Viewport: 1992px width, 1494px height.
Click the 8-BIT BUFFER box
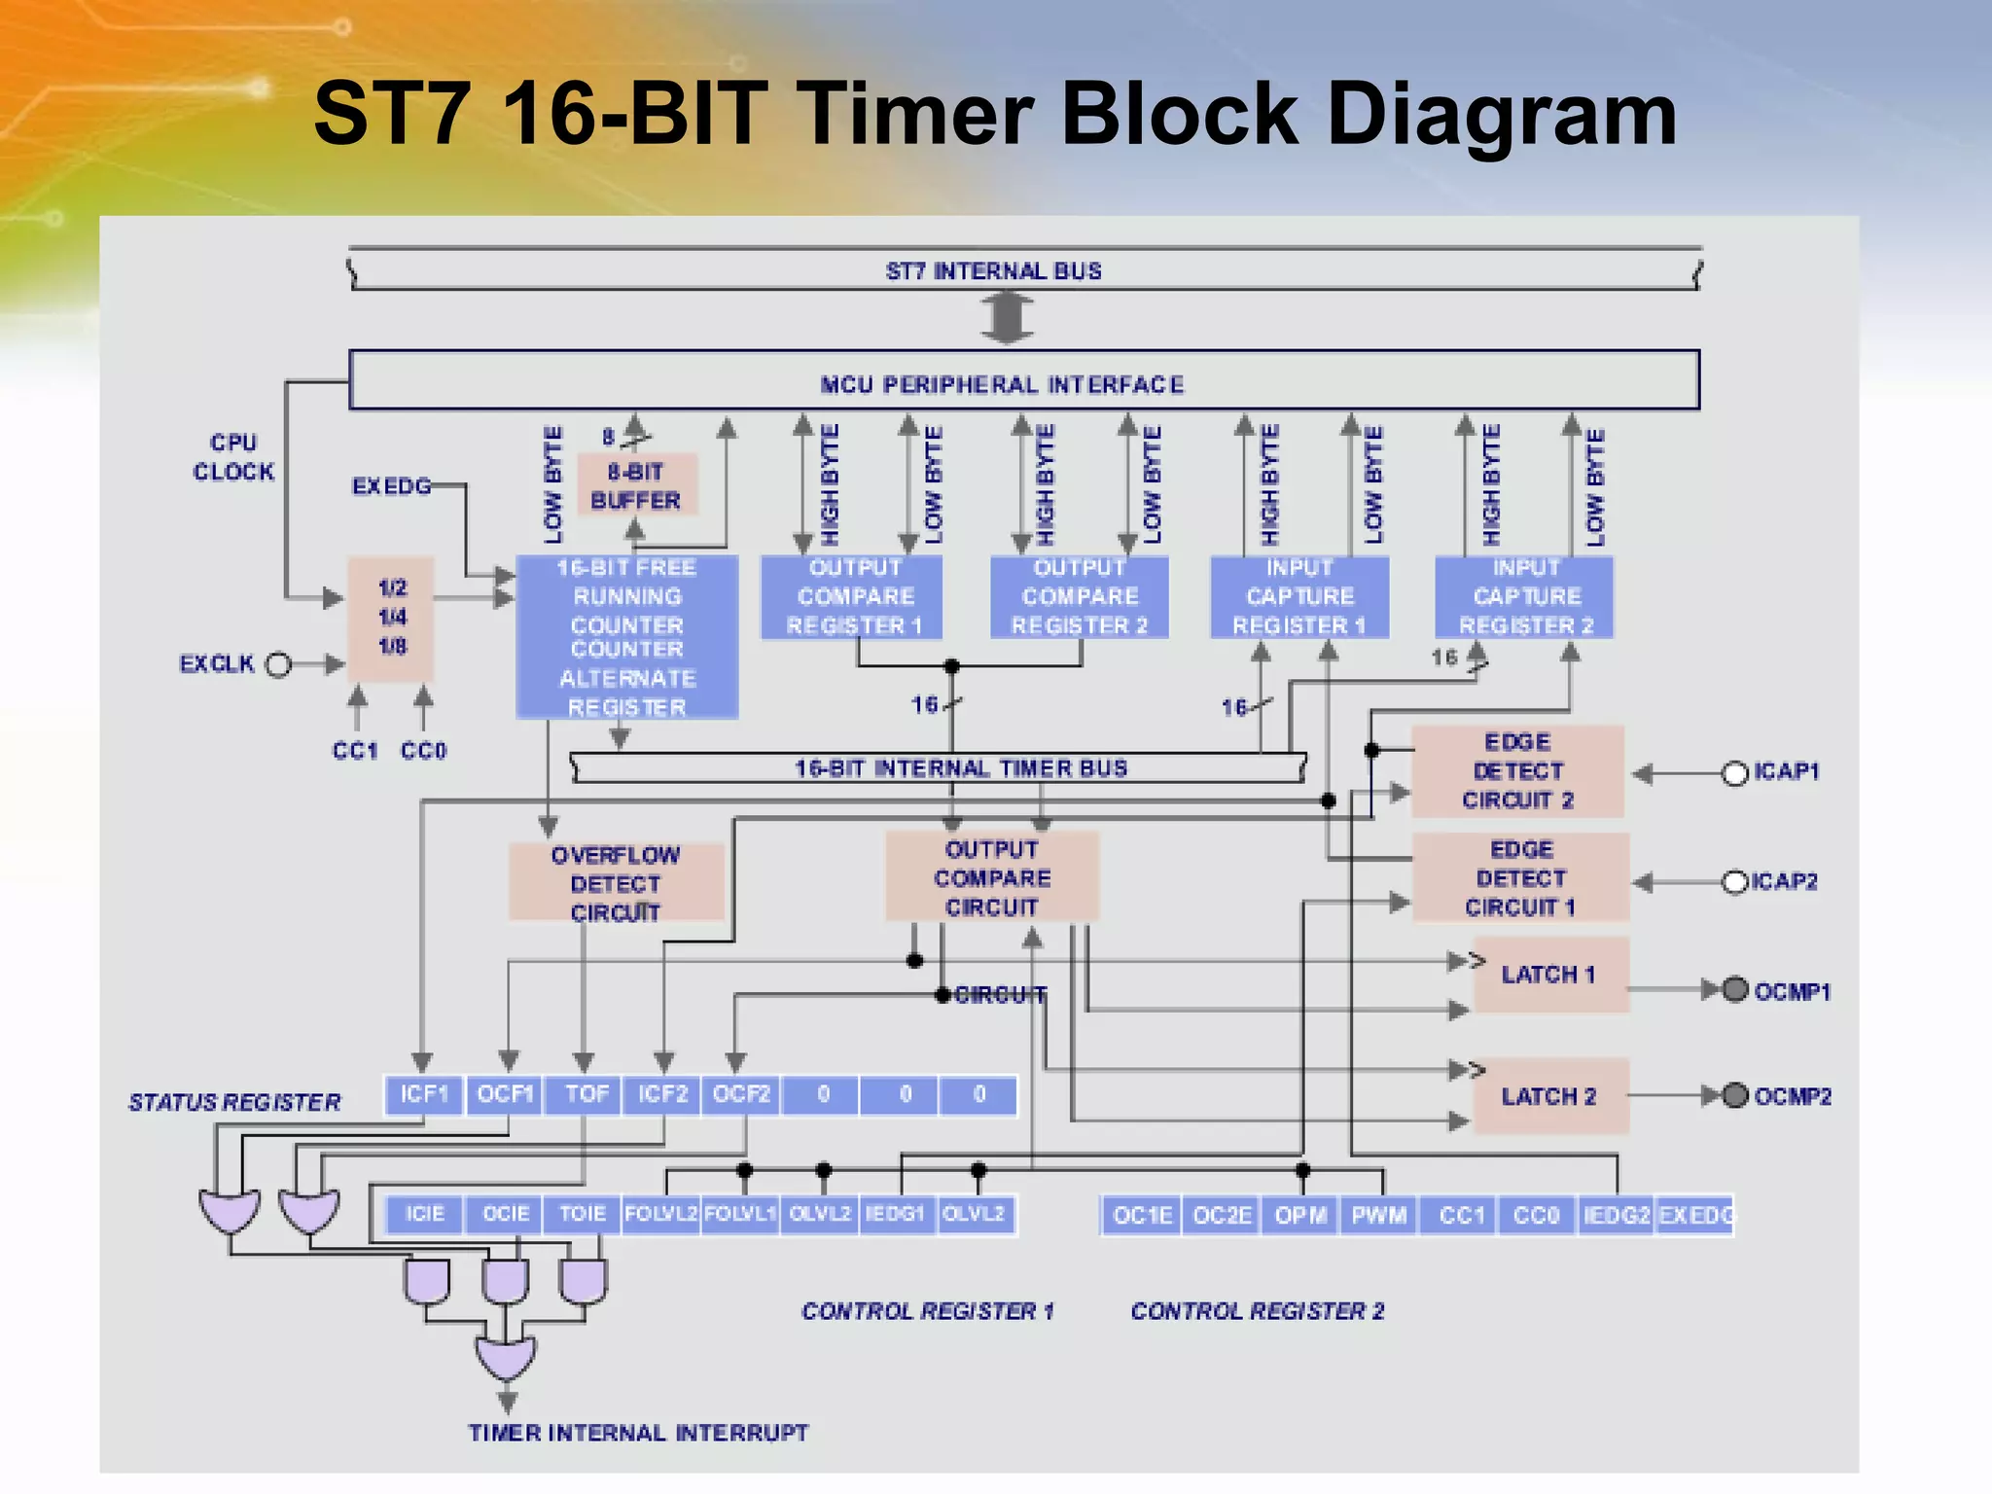click(637, 485)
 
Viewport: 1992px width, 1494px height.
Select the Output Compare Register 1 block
click(852, 596)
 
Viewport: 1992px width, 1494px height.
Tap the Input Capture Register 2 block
click(1524, 596)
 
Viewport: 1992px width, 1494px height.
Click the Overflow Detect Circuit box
click(616, 882)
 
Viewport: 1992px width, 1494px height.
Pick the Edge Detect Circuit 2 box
click(1517, 770)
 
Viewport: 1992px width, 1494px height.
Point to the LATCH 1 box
click(1549, 975)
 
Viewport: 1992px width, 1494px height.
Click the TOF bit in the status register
click(585, 1094)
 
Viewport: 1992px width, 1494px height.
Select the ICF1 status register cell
click(424, 1094)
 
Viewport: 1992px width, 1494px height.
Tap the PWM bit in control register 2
click(1378, 1216)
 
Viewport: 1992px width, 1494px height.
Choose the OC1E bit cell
click(1142, 1216)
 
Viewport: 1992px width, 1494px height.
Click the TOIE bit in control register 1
click(582, 1214)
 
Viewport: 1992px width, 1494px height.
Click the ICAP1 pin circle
click(1734, 773)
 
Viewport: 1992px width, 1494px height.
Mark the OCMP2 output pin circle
click(1735, 1095)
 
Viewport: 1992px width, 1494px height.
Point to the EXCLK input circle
click(279, 664)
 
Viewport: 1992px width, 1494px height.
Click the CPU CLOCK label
click(233, 457)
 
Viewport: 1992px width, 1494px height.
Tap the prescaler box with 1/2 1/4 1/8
click(391, 618)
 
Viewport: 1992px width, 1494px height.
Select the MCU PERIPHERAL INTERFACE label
click(1002, 385)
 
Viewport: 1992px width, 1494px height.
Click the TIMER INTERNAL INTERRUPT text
click(638, 1433)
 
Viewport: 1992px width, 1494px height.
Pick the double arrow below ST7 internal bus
click(1007, 318)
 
